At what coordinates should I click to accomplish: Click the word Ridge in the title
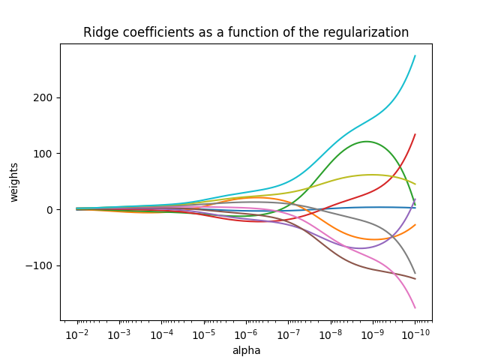coord(99,32)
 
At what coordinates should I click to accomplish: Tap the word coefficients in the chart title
coord(153,32)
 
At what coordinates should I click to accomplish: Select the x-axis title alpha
coord(246,350)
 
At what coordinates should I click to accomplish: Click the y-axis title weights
coord(14,181)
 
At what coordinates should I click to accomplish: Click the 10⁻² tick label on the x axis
coord(76,334)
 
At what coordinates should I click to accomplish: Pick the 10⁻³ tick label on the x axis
coord(118,334)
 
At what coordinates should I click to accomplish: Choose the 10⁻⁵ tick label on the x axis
coord(203,334)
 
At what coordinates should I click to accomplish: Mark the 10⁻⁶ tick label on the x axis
coord(245,334)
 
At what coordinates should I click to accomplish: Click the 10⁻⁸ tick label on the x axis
coord(330,334)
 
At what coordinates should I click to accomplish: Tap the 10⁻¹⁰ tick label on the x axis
coord(415,334)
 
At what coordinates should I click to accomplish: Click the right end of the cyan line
coord(415,56)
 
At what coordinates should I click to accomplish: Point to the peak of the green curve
coord(366,142)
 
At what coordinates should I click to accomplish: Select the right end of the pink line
coord(415,307)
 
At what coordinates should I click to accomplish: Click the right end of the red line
coord(415,135)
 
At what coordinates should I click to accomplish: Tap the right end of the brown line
coord(415,279)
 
